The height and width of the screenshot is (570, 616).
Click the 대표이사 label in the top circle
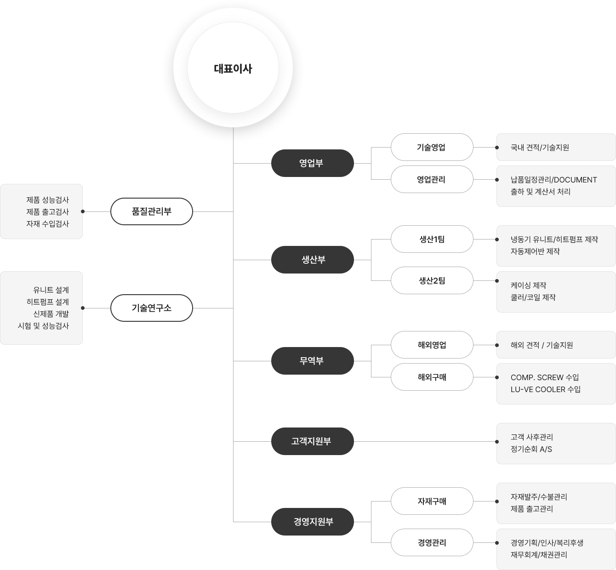coord(233,68)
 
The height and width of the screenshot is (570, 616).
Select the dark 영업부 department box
coord(312,163)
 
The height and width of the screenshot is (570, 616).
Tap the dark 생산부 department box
coord(312,260)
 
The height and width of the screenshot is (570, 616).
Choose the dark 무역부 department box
coord(312,361)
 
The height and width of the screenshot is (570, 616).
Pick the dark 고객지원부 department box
coord(312,441)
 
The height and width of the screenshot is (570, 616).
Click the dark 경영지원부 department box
coord(312,522)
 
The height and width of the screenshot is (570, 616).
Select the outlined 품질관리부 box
coord(152,211)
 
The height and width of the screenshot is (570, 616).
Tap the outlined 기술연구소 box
coord(152,308)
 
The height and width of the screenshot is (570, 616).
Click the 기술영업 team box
coord(432,147)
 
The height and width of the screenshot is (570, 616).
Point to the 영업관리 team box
coord(432,179)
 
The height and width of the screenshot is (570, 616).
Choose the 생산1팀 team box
coord(432,239)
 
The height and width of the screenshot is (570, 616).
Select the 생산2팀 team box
coord(432,280)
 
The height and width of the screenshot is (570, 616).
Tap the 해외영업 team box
coord(432,345)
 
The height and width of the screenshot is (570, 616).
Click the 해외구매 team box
coord(432,377)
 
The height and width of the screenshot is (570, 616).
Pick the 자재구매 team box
coord(432,501)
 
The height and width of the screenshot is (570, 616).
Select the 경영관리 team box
coord(432,542)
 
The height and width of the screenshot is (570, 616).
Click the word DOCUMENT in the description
coord(576,180)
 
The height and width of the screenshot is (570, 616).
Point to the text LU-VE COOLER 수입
coord(546,389)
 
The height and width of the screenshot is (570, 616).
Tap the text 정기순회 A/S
coord(531,449)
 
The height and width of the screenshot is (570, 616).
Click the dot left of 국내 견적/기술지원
coord(497,148)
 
